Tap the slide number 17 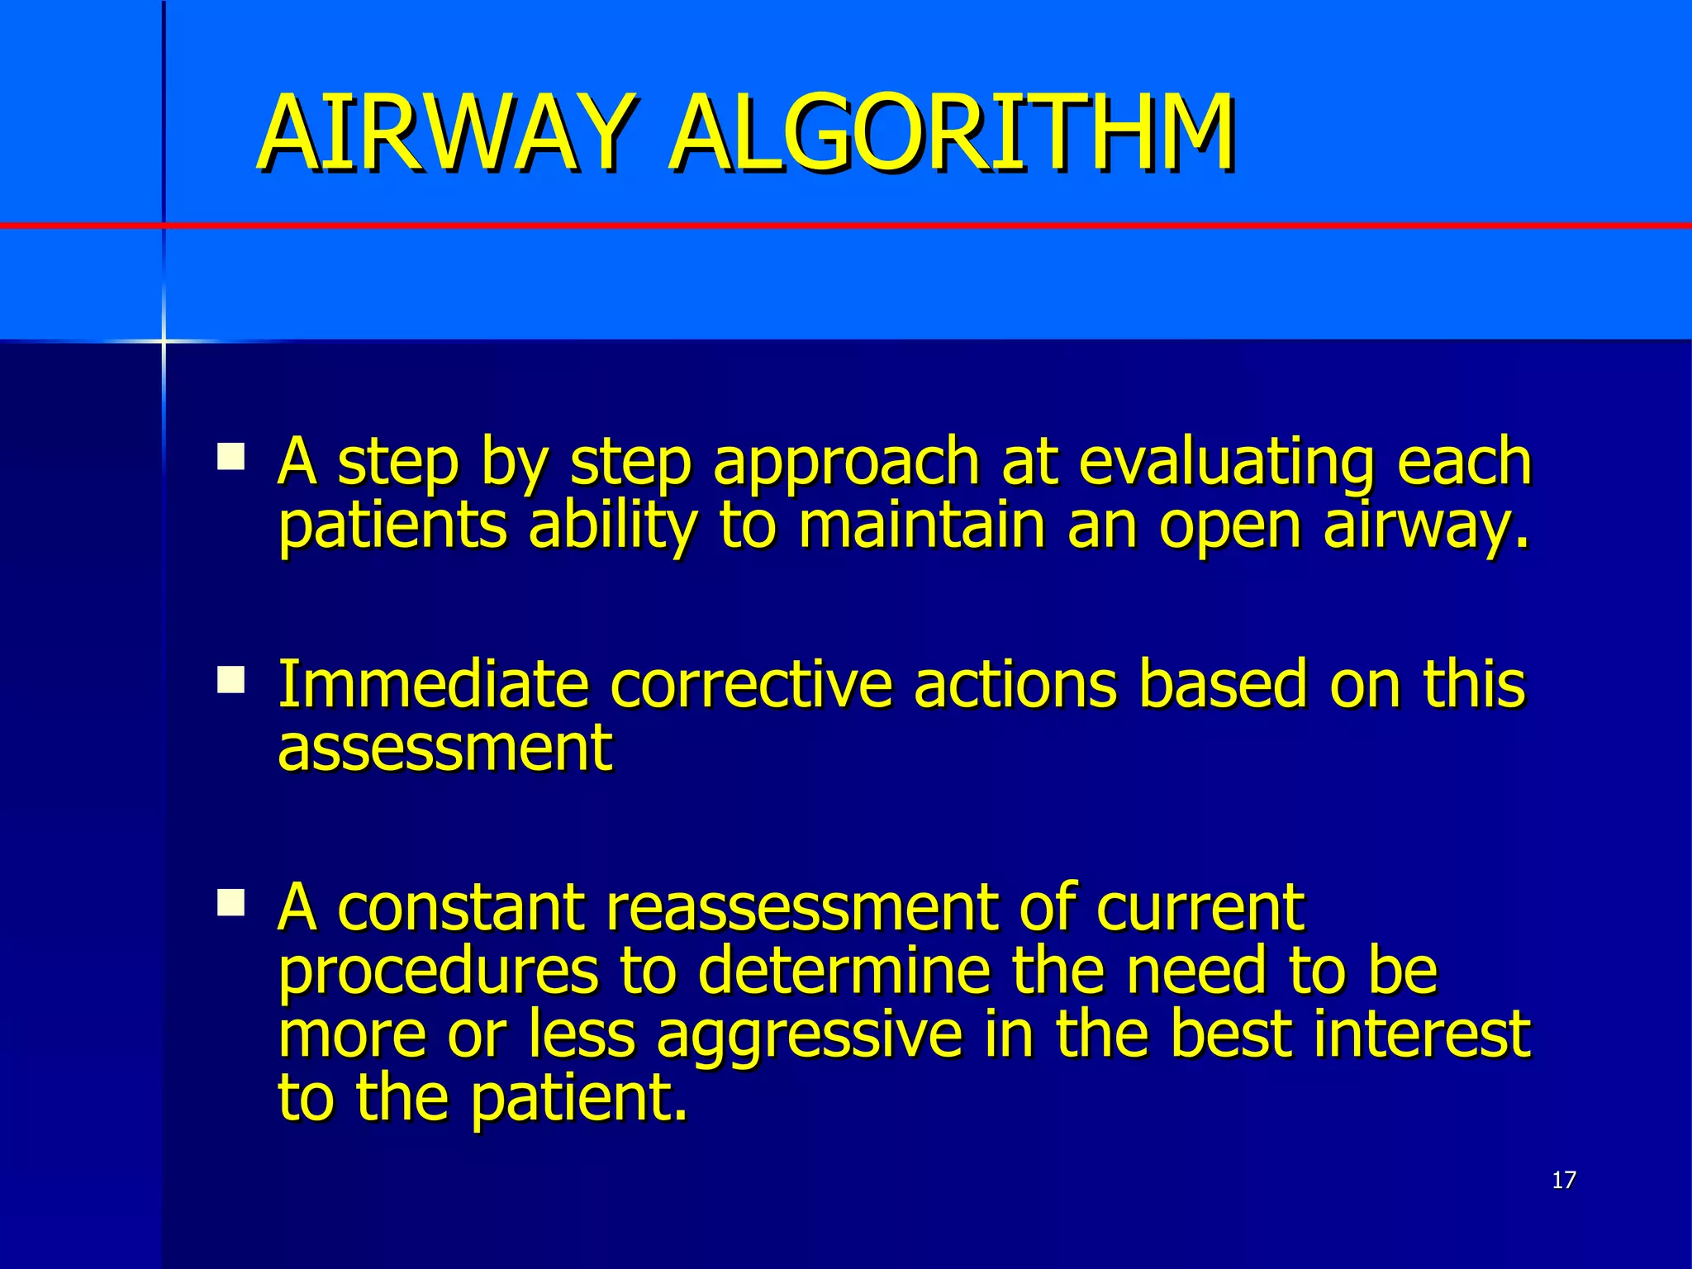pyautogui.click(x=1564, y=1180)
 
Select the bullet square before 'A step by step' pyautogui.click(x=231, y=457)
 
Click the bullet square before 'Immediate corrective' pyautogui.click(x=231, y=680)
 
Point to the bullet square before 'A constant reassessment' pyautogui.click(x=231, y=903)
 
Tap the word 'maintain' pyautogui.click(x=921, y=525)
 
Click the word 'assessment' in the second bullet pyautogui.click(x=444, y=748)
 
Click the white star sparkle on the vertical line pyautogui.click(x=164, y=340)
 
